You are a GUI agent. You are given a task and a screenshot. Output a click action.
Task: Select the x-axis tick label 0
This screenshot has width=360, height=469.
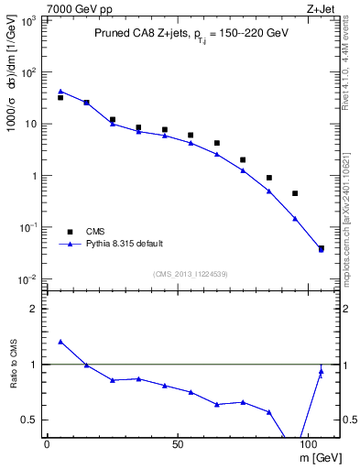47,443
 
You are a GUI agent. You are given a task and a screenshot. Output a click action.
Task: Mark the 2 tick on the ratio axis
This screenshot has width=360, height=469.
35,309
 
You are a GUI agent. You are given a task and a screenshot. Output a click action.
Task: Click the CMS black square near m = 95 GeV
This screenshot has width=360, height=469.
295,193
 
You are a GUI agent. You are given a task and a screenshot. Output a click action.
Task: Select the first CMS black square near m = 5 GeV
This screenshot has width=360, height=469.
60,97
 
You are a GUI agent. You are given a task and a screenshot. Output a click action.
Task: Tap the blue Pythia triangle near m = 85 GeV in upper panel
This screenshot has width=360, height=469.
269,191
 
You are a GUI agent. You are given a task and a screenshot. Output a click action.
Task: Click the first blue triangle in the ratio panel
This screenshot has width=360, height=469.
60,342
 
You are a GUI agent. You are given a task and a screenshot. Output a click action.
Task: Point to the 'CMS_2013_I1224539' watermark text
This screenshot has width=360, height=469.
191,274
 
